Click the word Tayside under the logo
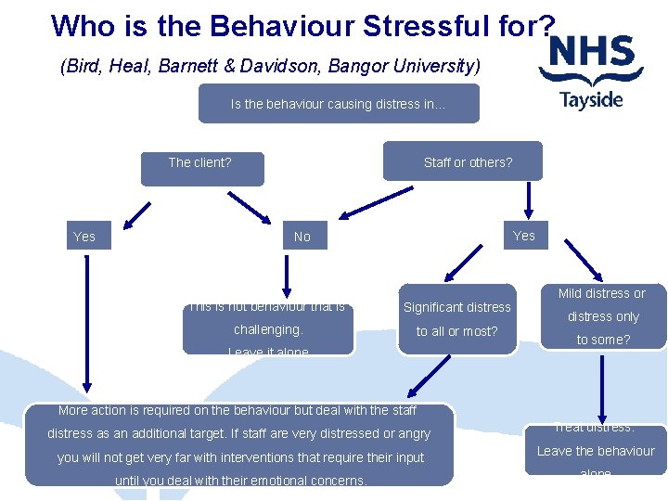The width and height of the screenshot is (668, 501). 591,99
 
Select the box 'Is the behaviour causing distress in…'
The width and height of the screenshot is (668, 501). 339,104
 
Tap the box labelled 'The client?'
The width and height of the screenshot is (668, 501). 200,167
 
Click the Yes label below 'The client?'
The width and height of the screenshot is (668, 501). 84,237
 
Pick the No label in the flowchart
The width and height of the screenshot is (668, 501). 302,237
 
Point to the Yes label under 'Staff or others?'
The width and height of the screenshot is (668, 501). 524,236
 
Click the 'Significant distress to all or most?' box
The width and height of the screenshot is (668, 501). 456,318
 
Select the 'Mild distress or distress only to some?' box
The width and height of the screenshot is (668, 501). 602,316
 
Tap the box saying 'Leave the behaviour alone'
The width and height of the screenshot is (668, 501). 596,450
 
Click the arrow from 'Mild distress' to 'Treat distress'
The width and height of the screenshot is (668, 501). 602,385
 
